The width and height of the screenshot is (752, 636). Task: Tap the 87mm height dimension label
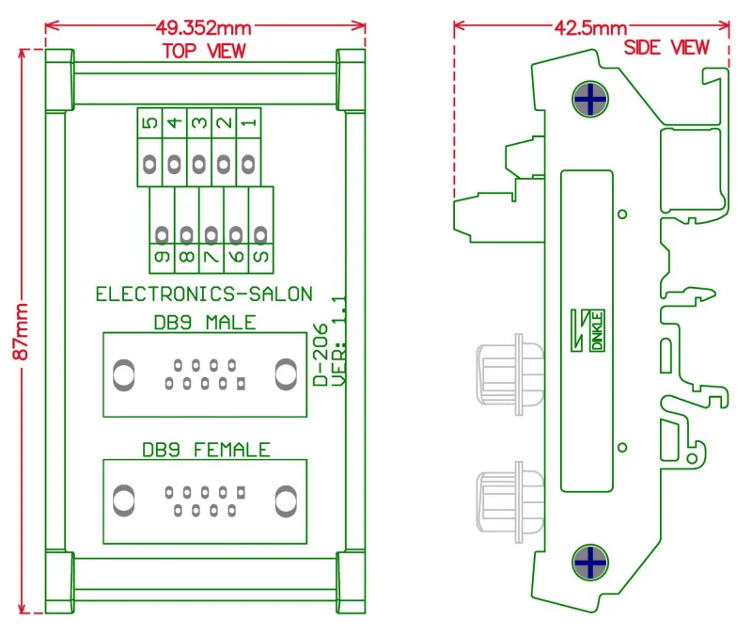point(21,330)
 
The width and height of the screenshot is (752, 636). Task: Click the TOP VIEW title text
point(204,51)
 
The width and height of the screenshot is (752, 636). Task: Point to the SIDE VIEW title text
point(666,47)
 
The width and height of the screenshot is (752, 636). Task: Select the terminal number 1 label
point(247,122)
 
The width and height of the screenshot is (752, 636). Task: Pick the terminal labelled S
point(261,254)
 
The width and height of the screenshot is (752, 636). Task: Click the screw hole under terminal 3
point(198,166)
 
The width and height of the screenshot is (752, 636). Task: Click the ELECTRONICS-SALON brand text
point(204,294)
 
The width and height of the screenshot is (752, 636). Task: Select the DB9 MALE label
point(204,323)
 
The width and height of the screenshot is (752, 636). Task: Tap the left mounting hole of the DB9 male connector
point(123,375)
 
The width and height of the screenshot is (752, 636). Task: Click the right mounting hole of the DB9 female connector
point(286,499)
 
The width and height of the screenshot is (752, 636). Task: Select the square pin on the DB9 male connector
point(242,383)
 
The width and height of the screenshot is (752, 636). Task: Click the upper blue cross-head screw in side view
point(589,99)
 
